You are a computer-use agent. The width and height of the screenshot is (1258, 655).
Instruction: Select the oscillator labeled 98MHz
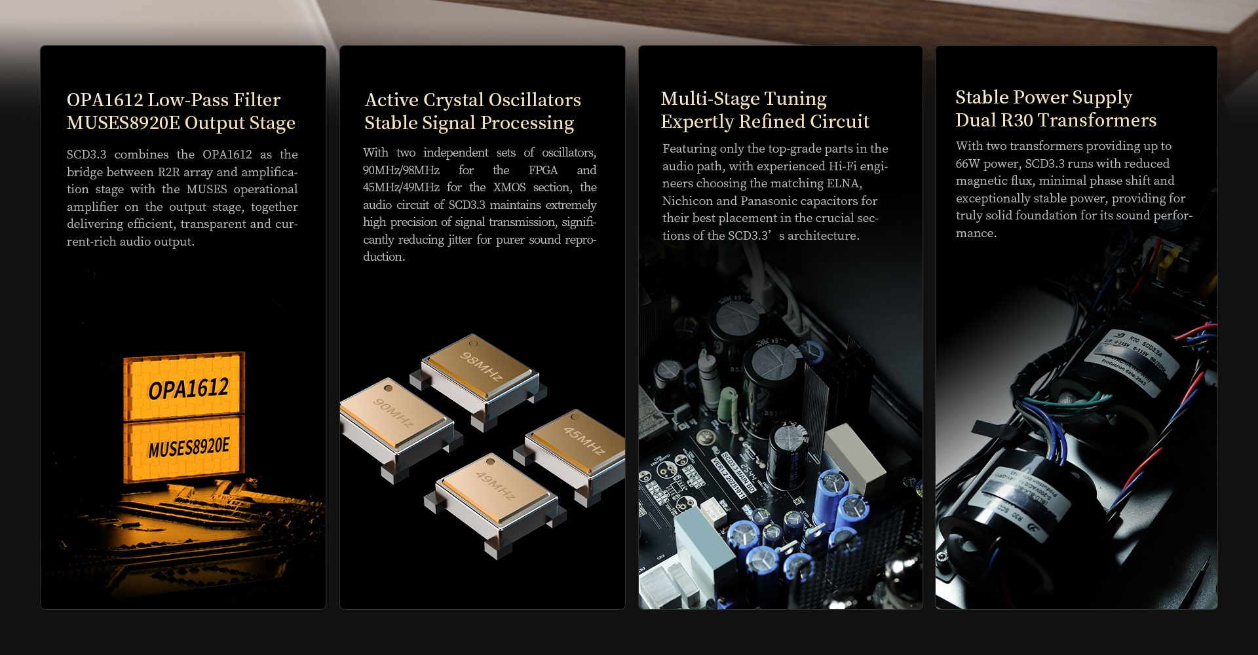click(x=481, y=367)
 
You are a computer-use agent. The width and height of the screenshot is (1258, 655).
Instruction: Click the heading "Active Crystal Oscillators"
click(x=472, y=100)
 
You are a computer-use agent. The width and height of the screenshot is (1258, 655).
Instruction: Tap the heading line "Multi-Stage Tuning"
click(x=744, y=98)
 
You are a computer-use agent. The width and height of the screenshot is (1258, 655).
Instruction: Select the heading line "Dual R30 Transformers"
click(x=1056, y=121)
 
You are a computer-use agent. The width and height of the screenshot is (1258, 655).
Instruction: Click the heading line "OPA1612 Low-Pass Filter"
click(x=174, y=100)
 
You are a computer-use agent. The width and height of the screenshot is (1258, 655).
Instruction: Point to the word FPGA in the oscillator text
click(x=543, y=170)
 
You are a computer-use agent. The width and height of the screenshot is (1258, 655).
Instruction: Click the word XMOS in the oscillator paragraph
click(x=509, y=187)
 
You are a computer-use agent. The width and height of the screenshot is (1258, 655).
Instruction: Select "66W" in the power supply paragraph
click(x=967, y=164)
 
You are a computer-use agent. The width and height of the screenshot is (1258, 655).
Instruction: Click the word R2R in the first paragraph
click(x=168, y=172)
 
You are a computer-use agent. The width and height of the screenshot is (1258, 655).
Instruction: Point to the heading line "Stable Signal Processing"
click(x=469, y=123)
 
